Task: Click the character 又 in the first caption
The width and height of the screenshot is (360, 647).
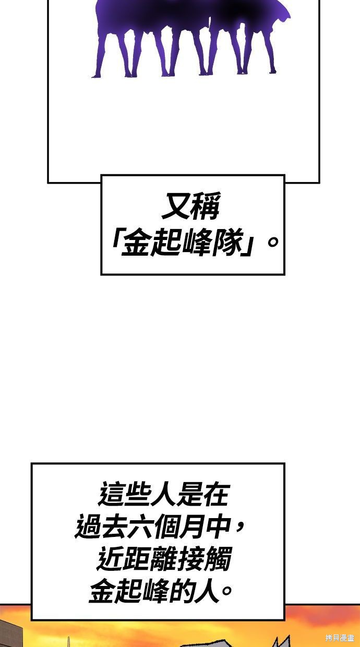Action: pyautogui.click(x=175, y=206)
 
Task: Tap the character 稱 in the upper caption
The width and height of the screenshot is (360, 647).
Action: pyautogui.click(x=205, y=206)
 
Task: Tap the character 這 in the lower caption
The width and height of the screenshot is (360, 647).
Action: pyautogui.click(x=112, y=494)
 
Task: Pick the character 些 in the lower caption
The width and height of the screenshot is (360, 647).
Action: pyautogui.click(x=138, y=494)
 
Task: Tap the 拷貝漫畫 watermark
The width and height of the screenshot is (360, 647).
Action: pyautogui.click(x=340, y=638)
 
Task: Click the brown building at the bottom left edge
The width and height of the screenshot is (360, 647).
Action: pyautogui.click(x=11, y=635)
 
